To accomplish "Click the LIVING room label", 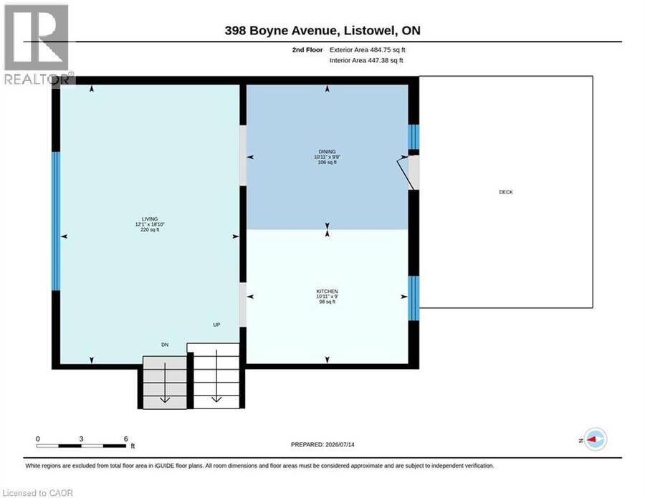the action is (x=150, y=219).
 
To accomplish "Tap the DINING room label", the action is (x=327, y=152).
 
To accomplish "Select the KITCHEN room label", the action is (x=327, y=291).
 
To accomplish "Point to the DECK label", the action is (x=506, y=192).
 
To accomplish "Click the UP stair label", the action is (x=216, y=325).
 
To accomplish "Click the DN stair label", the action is (x=165, y=345).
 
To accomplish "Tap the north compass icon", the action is (x=596, y=439).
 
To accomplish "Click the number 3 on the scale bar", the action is (x=81, y=439).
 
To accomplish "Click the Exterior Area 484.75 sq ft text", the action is (x=368, y=49).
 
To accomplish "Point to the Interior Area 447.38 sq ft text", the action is (x=366, y=60).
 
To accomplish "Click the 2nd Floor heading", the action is (x=307, y=49).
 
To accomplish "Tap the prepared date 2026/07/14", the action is (x=340, y=444).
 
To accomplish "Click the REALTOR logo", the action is (x=37, y=44).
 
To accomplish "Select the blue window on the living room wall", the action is (x=56, y=221).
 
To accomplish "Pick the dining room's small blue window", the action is (x=414, y=137).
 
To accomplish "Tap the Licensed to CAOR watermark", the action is (x=37, y=493).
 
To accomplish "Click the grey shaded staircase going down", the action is (x=165, y=383).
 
